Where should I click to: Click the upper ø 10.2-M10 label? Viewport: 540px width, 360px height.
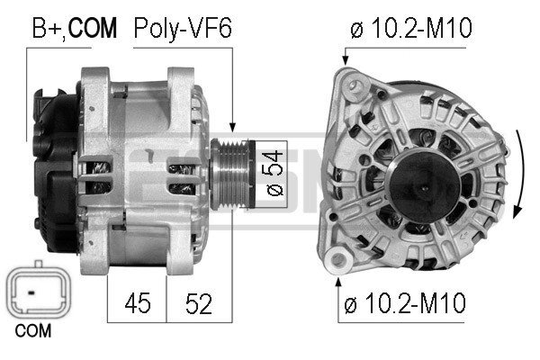pos(410,29)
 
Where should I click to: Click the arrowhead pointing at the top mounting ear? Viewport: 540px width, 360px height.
pos(344,61)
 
